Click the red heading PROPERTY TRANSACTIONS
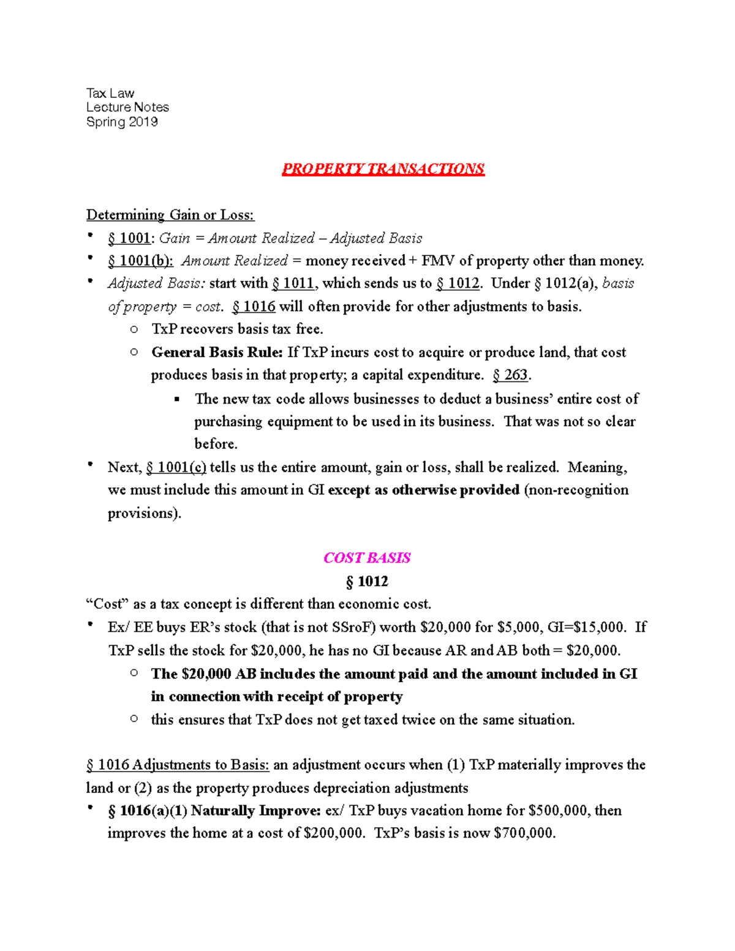pyautogui.click(x=383, y=169)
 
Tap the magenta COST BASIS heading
pyautogui.click(x=367, y=558)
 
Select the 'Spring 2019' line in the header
pyautogui.click(x=122, y=122)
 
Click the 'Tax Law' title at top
pyautogui.click(x=110, y=93)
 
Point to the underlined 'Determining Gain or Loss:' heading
pyautogui.click(x=170, y=215)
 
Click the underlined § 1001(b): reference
pyautogui.click(x=140, y=261)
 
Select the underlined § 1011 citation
pyautogui.click(x=293, y=284)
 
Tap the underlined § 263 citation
pyautogui.click(x=511, y=375)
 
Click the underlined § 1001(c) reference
pyautogui.click(x=176, y=467)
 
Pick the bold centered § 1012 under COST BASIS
pyautogui.click(x=367, y=581)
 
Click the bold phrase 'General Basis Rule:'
pyautogui.click(x=217, y=352)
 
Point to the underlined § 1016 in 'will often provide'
pyautogui.click(x=254, y=306)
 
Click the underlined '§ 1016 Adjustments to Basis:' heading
pyautogui.click(x=178, y=765)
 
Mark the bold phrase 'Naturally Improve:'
pyautogui.click(x=255, y=811)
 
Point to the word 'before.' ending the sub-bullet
pyautogui.click(x=216, y=444)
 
